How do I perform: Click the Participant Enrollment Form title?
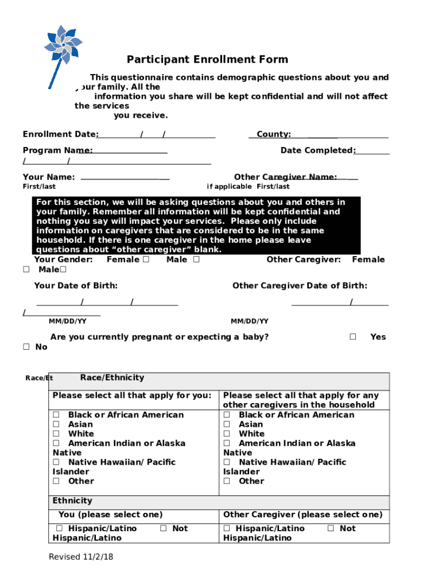click(207, 60)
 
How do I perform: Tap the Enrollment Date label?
click(60, 134)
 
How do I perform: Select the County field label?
click(273, 134)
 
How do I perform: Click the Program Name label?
click(57, 150)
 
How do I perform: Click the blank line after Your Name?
click(125, 179)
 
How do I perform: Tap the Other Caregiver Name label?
click(285, 177)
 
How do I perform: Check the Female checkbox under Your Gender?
click(146, 260)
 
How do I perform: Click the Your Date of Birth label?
click(76, 286)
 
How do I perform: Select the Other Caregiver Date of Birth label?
click(300, 286)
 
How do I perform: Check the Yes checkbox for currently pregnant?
click(353, 337)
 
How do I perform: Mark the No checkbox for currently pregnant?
click(26, 347)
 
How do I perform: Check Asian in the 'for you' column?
click(56, 424)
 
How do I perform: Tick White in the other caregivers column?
click(227, 434)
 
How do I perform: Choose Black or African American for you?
click(56, 415)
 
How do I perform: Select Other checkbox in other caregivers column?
click(227, 481)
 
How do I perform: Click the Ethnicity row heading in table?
click(72, 501)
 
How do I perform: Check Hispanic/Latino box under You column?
click(59, 529)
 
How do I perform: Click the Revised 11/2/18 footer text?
click(81, 557)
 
